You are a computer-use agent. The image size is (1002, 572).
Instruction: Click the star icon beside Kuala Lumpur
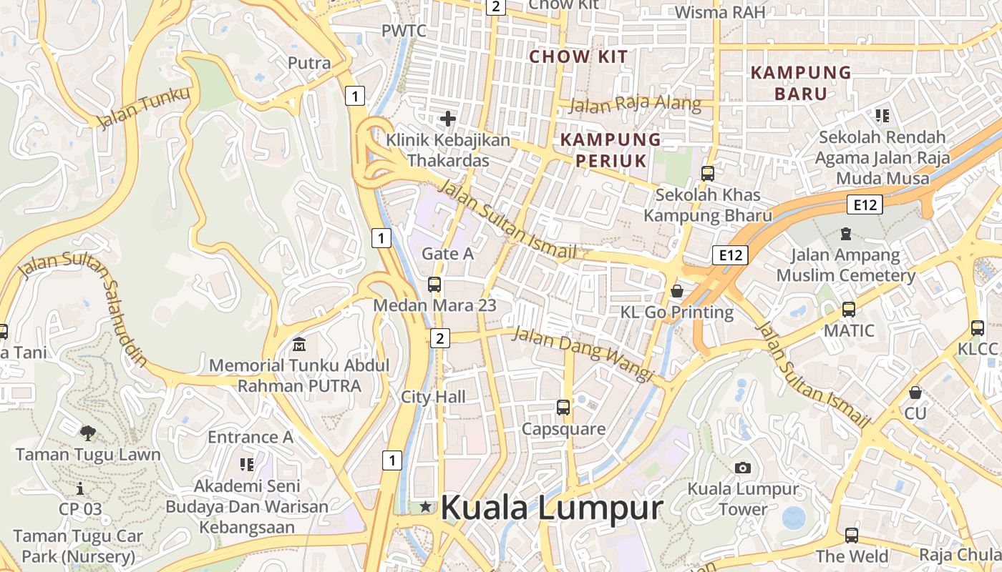coord(426,507)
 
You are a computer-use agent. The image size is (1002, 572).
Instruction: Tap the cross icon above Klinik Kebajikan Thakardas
coord(448,118)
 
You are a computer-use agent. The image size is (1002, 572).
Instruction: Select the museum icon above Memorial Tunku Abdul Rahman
coord(299,345)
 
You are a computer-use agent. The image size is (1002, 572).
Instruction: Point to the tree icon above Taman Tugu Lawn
coord(88,433)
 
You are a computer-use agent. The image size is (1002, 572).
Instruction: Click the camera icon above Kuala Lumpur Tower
coord(743,468)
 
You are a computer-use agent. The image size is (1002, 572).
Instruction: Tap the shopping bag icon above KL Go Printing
coord(677,291)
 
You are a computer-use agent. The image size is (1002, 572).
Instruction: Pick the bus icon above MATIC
coord(849,310)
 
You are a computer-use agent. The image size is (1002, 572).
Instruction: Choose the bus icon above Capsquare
coord(563,408)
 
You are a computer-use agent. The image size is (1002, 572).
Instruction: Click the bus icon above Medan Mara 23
coord(434,284)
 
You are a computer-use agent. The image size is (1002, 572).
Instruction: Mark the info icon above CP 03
coord(80,488)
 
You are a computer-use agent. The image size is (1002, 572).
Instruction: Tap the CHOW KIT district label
coord(578,57)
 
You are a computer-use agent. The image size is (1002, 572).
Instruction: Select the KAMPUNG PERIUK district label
coord(611,149)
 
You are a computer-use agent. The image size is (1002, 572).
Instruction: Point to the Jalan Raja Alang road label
coord(635,104)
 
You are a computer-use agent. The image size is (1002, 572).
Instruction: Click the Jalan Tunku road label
coord(145,107)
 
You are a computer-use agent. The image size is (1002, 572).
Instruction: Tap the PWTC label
coord(404,31)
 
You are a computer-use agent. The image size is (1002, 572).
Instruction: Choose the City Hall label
coord(433,397)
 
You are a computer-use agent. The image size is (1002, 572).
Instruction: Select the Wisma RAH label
coord(720,12)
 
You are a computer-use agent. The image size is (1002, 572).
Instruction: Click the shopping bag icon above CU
coord(915,393)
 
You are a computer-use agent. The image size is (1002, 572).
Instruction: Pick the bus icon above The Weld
coord(852,535)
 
